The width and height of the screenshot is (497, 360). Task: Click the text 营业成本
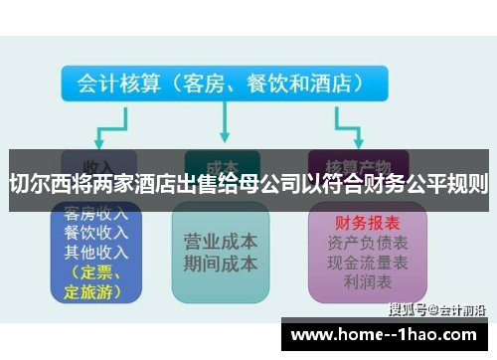click(221, 242)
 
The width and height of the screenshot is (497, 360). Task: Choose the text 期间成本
click(221, 264)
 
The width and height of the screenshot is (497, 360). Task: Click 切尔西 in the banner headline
click(38, 183)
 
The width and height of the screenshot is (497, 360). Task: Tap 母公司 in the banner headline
click(263, 183)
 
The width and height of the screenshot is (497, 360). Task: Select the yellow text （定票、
click(91, 271)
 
